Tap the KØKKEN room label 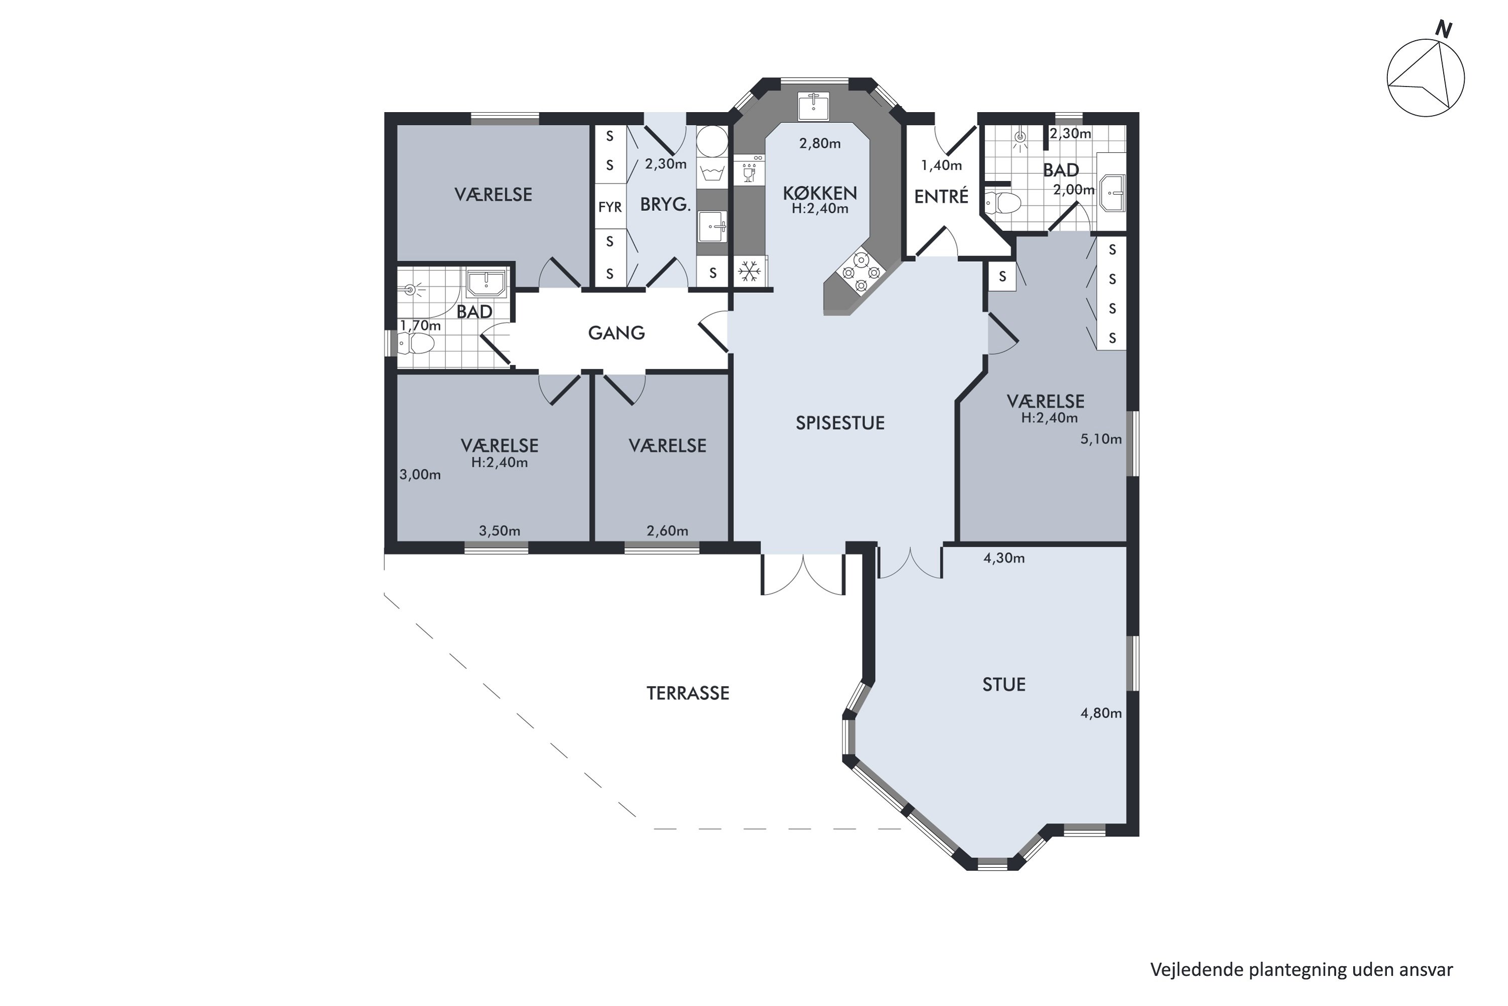(x=819, y=193)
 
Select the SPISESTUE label (x=840, y=423)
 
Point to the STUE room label (x=1003, y=685)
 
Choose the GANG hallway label (x=616, y=332)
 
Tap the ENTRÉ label (x=940, y=196)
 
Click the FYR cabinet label (x=610, y=207)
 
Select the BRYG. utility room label (x=666, y=205)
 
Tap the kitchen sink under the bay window (x=814, y=106)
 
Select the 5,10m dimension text (x=1101, y=440)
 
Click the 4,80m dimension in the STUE (x=1101, y=713)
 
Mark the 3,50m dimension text (x=500, y=531)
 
